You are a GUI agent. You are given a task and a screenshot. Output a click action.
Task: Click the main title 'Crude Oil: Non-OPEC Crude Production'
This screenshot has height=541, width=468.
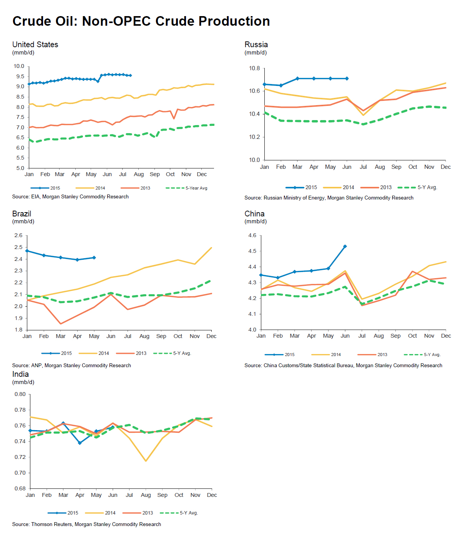point(141,21)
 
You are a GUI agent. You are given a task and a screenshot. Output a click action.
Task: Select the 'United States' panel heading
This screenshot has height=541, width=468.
point(35,45)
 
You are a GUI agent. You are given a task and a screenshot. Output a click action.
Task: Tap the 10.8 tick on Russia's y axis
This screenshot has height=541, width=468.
point(254,68)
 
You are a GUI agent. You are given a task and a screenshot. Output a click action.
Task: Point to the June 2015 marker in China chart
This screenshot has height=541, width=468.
point(345,246)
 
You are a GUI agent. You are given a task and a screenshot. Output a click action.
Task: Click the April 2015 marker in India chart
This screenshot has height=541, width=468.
point(80,443)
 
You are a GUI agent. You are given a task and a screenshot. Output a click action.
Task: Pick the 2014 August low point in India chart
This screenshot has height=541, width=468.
point(146,461)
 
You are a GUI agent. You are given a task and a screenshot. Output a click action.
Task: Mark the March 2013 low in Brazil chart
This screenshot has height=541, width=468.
point(61,324)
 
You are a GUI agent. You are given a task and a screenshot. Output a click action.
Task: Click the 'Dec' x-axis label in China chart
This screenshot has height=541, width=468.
point(446,336)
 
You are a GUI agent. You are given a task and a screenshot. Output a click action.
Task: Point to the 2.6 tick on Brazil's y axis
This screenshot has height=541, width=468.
point(18,235)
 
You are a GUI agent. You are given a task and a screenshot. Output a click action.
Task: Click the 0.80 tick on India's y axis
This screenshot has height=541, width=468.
point(20,394)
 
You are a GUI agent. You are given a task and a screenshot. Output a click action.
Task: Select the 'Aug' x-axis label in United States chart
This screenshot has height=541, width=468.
point(139,174)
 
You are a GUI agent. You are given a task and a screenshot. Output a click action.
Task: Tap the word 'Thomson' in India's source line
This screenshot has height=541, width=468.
point(41,524)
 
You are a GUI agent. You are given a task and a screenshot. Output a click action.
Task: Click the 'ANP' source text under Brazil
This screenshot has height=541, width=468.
point(37,365)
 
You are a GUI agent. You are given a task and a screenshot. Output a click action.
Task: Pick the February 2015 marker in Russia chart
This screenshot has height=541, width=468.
point(281,85)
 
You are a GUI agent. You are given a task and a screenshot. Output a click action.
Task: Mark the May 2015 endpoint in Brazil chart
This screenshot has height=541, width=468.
point(94,258)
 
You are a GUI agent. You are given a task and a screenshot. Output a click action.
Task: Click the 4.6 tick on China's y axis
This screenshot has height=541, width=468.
point(252,235)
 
